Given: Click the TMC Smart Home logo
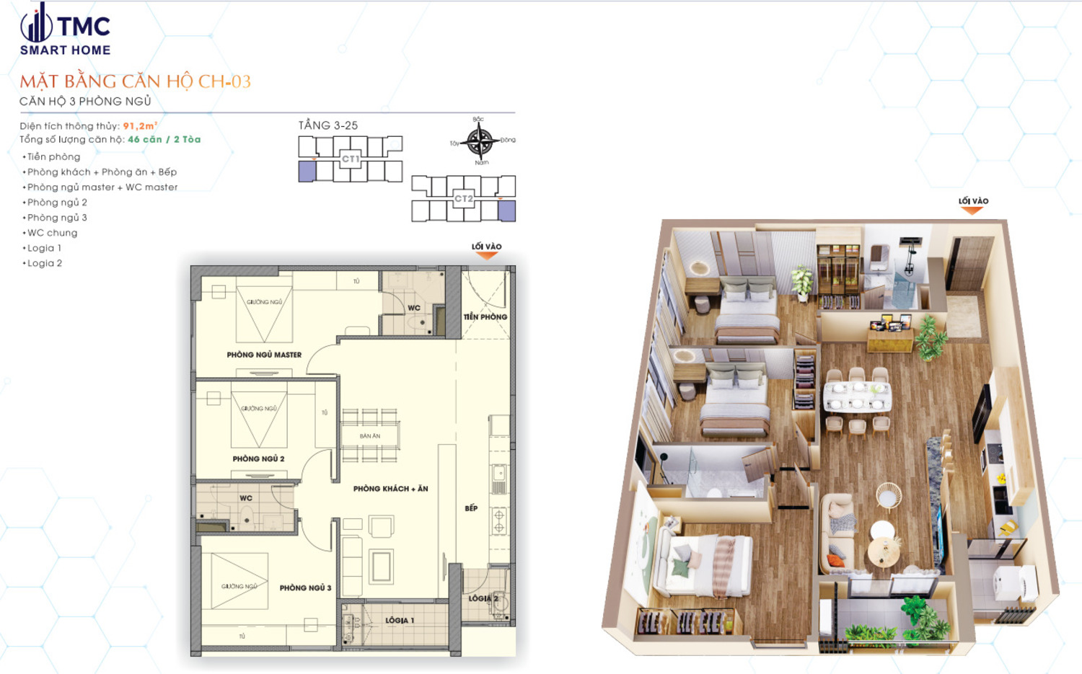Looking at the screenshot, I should coord(65,30).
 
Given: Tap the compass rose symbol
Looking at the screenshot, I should coord(480,141).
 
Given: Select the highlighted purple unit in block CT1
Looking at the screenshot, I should coord(307,171).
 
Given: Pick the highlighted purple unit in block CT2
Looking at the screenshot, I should coord(506,210).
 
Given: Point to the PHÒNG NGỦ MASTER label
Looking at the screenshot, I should coord(264,355).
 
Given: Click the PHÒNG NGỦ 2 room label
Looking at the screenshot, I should coord(258,458).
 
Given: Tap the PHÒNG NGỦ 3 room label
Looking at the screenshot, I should coord(305,587).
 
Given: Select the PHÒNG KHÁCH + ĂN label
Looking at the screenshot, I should coord(390,489).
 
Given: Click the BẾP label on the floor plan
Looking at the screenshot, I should coord(471,508).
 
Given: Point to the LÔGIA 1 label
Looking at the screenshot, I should coord(400,620).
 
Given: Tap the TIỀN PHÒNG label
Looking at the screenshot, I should coord(485,316).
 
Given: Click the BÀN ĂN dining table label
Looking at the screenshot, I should coord(370,436).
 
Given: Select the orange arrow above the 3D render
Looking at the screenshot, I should coord(972,210).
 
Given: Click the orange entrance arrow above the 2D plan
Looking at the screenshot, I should coord(487,255).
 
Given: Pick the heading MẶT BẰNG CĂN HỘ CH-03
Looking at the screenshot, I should coord(136,81).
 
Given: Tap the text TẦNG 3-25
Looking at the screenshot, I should coord(328,125).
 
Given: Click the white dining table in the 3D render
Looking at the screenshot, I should coord(857,397).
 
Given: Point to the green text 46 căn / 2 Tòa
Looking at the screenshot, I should coord(164,140).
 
